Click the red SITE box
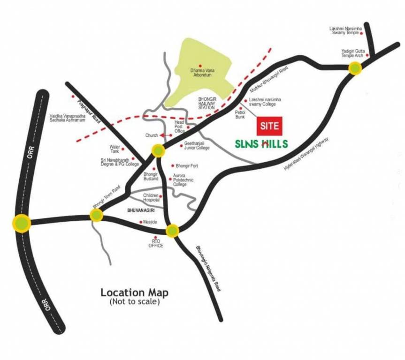tap(269, 126)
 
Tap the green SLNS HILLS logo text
tap(260, 143)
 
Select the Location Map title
tap(134, 293)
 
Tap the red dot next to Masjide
tap(141, 222)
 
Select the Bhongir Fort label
tap(187, 166)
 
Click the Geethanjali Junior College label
tap(197, 146)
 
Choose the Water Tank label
tap(115, 148)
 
